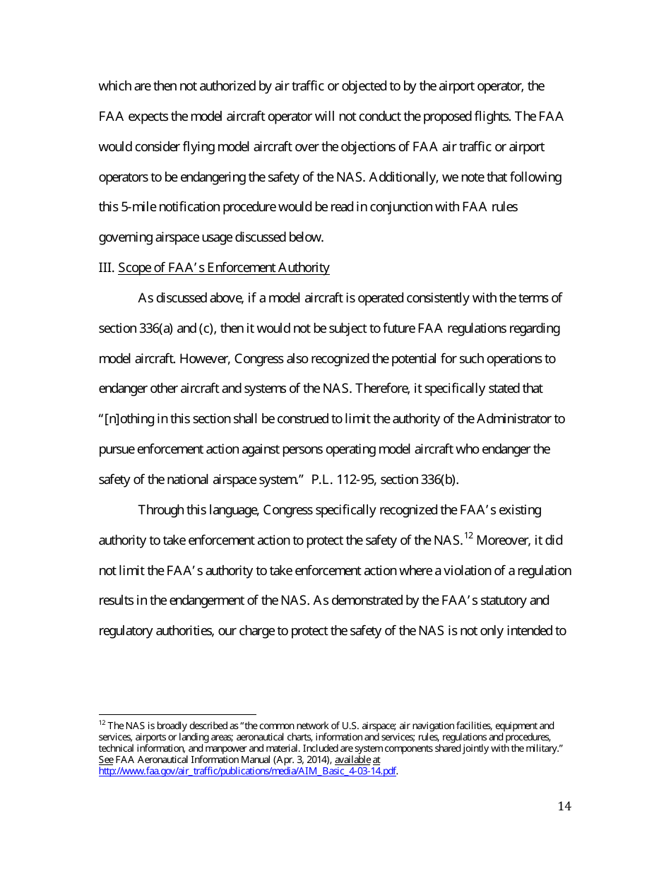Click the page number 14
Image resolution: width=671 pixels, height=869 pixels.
click(564, 807)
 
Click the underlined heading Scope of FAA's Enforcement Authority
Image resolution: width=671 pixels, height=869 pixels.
click(223, 268)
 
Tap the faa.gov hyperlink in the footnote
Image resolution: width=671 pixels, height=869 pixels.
click(247, 771)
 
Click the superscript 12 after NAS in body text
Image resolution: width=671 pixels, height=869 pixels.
click(468, 536)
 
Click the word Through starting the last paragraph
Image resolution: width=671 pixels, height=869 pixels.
click(160, 510)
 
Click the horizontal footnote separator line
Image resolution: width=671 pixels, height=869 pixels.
click(177, 714)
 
